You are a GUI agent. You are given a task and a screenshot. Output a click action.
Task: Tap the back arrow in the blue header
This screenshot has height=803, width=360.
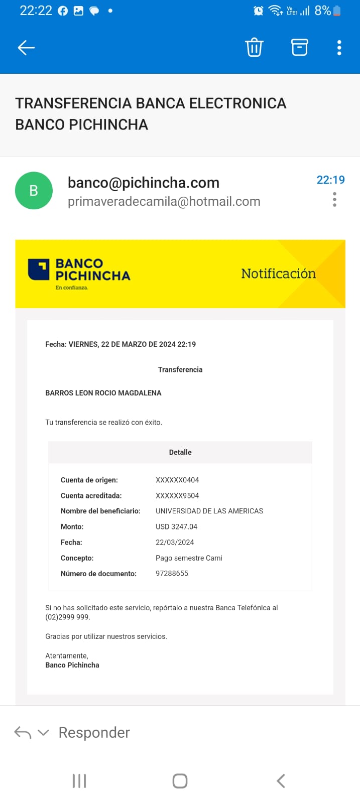click(x=26, y=48)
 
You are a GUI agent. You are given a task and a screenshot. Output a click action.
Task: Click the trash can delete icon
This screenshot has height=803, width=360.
click(x=254, y=48)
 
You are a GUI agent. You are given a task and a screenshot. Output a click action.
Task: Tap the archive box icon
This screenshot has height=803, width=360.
click(x=299, y=48)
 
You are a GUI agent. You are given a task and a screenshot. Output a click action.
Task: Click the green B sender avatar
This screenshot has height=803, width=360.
click(x=34, y=191)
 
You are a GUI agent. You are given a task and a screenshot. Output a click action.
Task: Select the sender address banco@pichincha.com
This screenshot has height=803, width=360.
click(x=144, y=183)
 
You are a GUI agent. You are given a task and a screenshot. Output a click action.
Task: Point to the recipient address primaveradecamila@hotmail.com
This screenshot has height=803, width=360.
click(x=164, y=202)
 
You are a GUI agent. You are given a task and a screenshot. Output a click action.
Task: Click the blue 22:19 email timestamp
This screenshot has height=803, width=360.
click(x=330, y=180)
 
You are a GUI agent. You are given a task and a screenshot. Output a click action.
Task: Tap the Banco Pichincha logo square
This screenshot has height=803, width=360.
click(x=39, y=270)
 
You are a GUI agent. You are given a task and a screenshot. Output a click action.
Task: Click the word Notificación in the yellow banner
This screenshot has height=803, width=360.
click(x=278, y=274)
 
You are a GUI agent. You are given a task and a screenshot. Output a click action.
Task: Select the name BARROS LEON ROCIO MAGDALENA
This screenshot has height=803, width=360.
click(x=103, y=393)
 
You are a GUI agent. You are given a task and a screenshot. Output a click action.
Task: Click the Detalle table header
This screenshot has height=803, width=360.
click(x=180, y=452)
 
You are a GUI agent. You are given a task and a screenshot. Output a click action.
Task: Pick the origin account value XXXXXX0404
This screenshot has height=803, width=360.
click(x=177, y=480)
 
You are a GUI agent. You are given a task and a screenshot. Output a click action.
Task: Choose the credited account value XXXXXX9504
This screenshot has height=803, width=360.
click(x=177, y=495)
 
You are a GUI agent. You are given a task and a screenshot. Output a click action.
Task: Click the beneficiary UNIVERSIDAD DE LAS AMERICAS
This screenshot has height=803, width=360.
click(x=209, y=511)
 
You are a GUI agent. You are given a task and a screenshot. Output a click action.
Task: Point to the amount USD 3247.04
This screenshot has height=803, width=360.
click(x=176, y=526)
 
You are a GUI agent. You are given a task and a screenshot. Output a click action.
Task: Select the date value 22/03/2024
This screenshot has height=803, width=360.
click(x=175, y=542)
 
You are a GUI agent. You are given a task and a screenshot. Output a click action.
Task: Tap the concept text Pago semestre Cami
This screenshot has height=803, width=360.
click(x=189, y=558)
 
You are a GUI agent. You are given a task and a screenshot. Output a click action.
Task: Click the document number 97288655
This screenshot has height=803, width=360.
click(x=172, y=573)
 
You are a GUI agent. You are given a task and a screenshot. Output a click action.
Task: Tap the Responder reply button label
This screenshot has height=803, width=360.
click(x=94, y=733)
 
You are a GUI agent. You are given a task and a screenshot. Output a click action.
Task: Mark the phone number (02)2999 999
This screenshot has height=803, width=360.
click(x=67, y=617)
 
